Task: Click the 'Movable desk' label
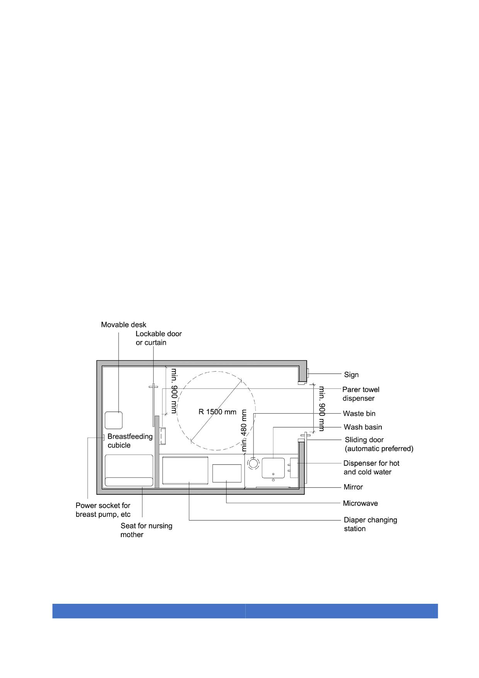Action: coord(124,325)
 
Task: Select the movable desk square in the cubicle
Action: coord(114,420)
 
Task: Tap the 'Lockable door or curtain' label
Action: coord(159,338)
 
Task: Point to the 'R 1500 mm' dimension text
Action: coord(217,412)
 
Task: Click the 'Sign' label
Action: coord(352,375)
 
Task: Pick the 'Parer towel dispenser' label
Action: coord(361,394)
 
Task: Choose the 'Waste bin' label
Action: coord(359,414)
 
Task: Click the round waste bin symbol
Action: coord(253,463)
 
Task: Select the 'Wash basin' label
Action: coord(363,427)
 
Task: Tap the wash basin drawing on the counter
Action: coord(273,468)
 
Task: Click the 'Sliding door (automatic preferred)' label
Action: coord(379,444)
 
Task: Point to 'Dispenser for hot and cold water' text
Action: coord(372,467)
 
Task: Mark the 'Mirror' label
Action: coord(353,487)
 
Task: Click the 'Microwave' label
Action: coord(360,503)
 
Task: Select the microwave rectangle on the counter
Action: coord(227,473)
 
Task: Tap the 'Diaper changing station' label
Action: coord(370,524)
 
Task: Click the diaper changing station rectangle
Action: coord(185,470)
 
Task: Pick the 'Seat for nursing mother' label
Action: coord(146,530)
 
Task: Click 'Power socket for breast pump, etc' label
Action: coord(103,510)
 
